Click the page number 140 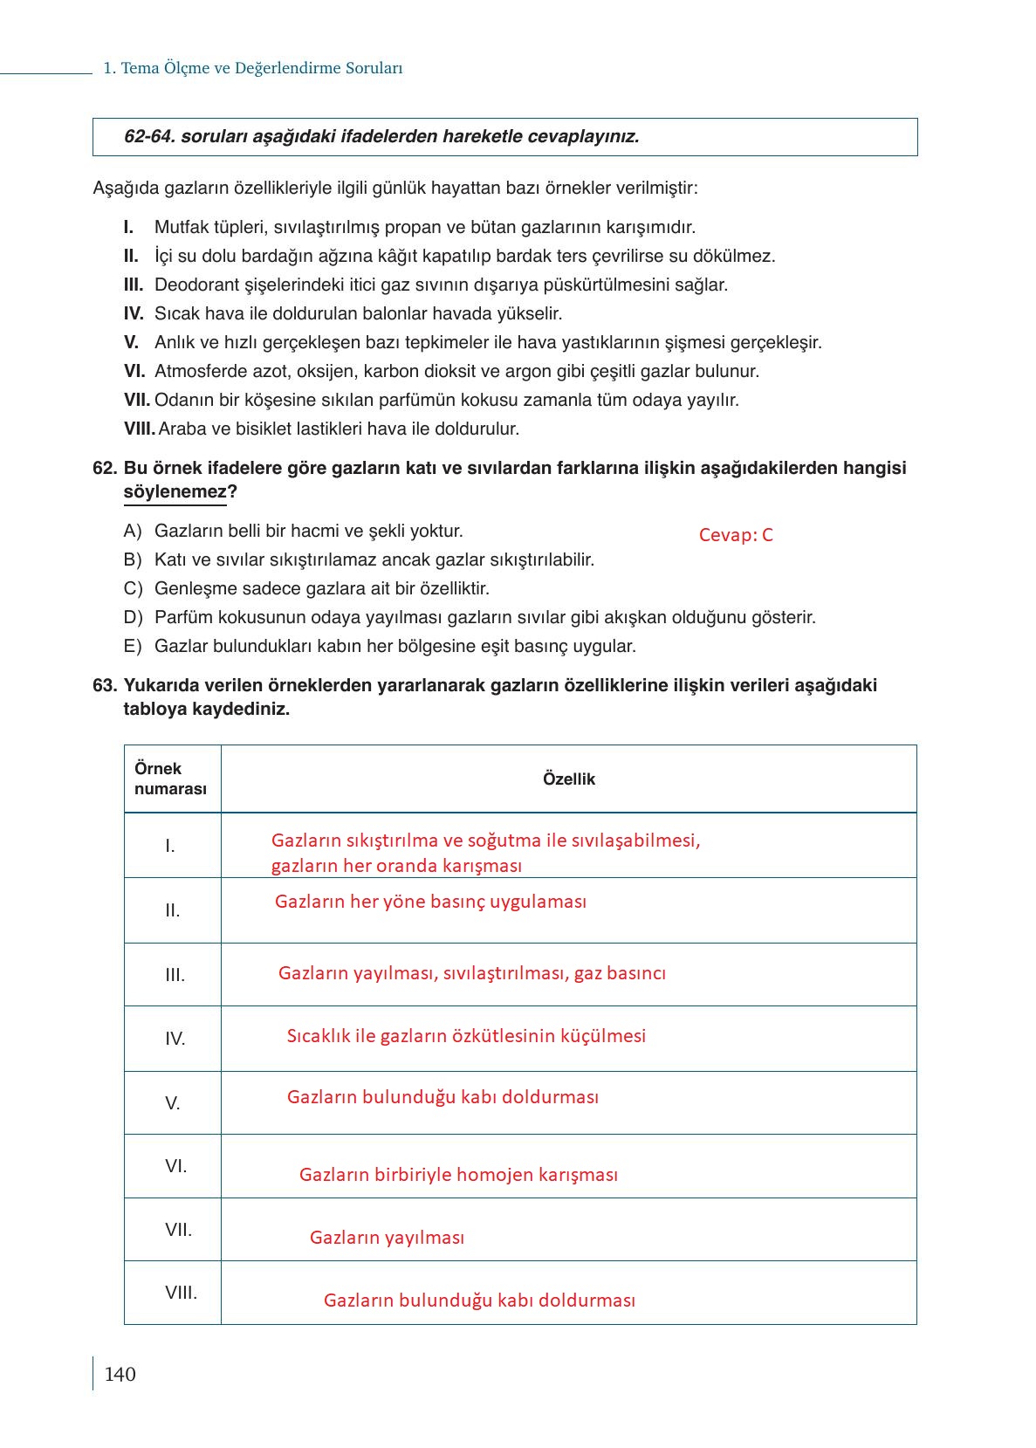click(x=120, y=1374)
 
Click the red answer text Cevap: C click(x=736, y=535)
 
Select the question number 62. click(x=104, y=468)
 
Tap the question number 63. click(x=104, y=685)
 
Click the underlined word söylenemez click(x=175, y=492)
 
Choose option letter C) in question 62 click(x=133, y=588)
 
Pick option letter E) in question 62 click(x=133, y=646)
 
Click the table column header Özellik click(x=568, y=779)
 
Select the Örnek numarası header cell click(x=170, y=779)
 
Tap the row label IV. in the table click(x=175, y=1039)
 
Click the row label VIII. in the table click(x=181, y=1292)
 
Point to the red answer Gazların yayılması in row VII click(x=387, y=1237)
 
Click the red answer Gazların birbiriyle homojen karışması click(x=458, y=1174)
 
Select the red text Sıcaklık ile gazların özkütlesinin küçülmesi click(x=466, y=1035)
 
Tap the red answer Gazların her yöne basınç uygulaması click(x=430, y=901)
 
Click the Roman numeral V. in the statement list click(x=131, y=342)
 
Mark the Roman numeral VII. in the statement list click(x=136, y=400)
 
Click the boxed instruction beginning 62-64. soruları click(x=381, y=137)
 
